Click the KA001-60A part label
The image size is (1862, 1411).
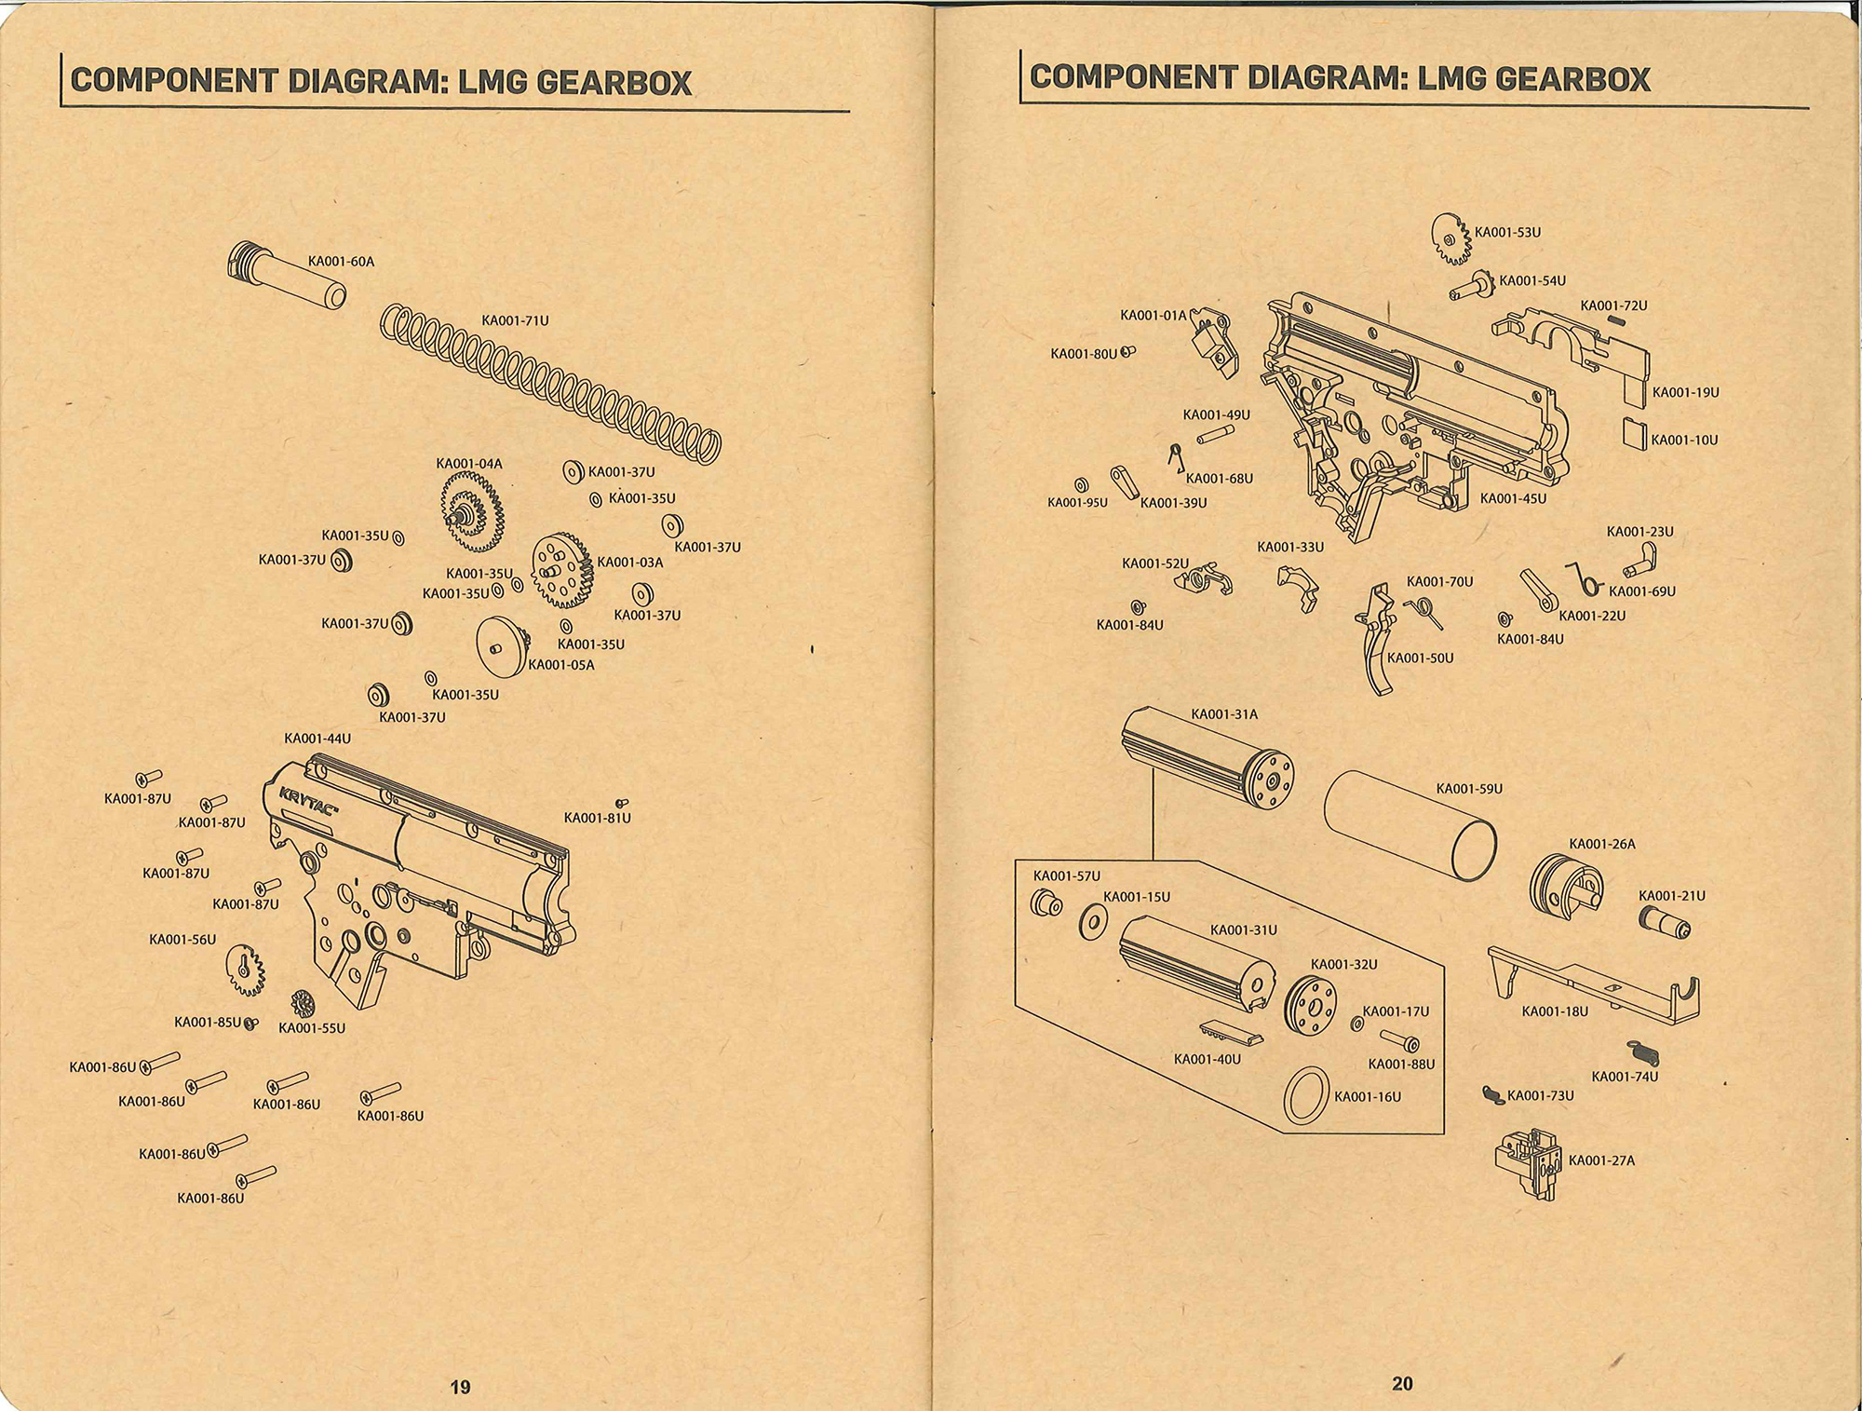342,262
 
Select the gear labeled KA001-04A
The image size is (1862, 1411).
472,511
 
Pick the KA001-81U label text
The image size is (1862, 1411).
598,819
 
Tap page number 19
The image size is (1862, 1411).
460,1387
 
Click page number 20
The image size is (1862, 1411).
1402,1384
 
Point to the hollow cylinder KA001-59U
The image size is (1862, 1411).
1410,826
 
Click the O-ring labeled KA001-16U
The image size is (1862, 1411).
1306,1096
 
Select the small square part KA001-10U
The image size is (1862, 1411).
1635,434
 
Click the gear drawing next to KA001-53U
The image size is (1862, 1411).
1450,239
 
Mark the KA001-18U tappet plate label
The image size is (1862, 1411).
1555,1011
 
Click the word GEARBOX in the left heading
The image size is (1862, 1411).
614,83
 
